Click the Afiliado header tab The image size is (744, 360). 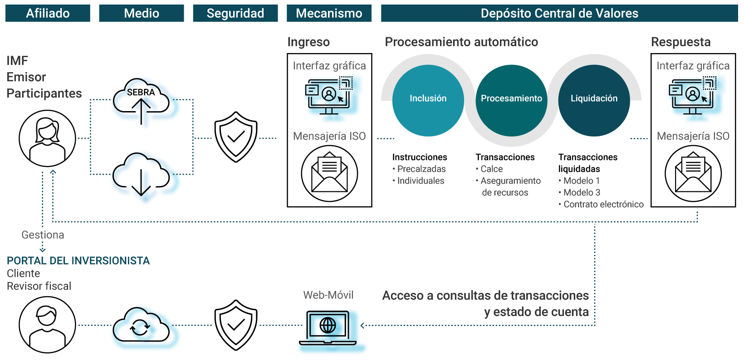point(48,13)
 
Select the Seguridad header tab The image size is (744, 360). point(235,13)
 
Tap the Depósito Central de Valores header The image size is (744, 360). point(559,13)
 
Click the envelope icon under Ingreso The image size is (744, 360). point(329,174)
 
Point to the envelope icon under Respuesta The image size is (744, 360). point(693,174)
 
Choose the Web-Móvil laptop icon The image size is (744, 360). point(328,328)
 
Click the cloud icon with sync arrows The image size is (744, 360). point(141,326)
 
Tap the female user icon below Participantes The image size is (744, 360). point(47,138)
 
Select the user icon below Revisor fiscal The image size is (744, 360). point(47,325)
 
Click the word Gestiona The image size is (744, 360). point(43,235)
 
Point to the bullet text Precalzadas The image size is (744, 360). point(421,169)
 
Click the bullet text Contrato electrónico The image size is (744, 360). point(603,204)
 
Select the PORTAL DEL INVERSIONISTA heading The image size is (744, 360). point(78,261)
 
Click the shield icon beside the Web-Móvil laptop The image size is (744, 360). point(236,325)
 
